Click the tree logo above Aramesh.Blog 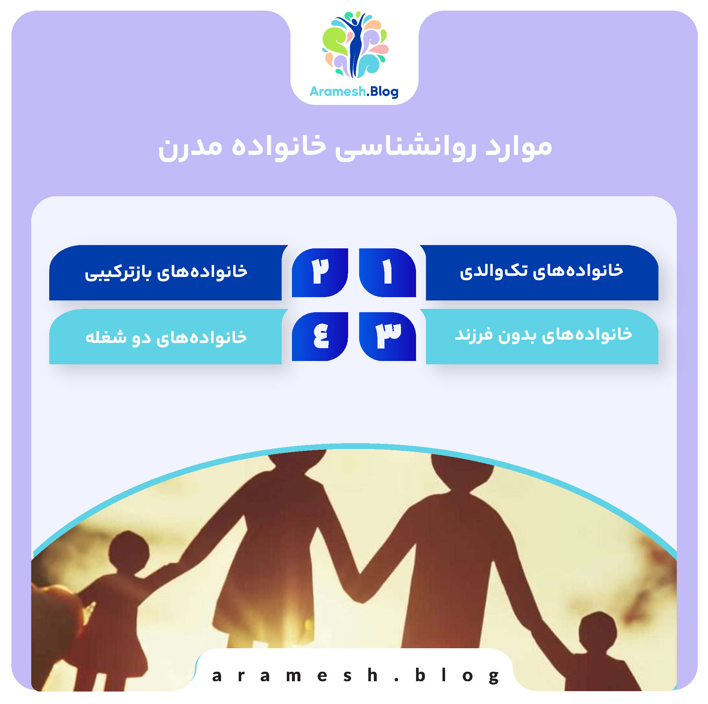click(x=355, y=45)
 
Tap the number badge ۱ click(x=387, y=272)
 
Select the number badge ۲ click(x=320, y=272)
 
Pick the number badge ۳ click(x=387, y=336)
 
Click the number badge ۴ click(x=320, y=336)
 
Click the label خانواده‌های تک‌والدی click(x=541, y=271)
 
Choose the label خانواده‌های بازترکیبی click(x=166, y=272)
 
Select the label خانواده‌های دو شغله click(x=166, y=337)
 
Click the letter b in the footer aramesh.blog click(x=420, y=675)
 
